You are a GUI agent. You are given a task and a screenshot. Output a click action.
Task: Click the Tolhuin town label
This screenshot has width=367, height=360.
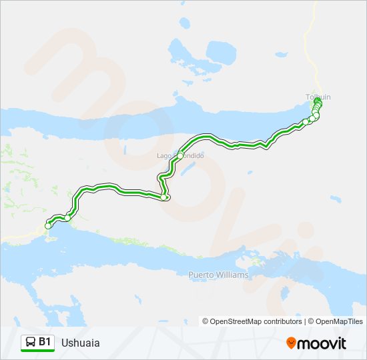pos(318,97)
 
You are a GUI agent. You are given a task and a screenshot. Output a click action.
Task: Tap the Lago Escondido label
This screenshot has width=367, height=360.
pos(179,155)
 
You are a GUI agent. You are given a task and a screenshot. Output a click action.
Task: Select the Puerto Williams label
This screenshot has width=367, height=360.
pos(218,275)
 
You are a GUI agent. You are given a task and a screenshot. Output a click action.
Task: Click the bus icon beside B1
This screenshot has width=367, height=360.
pos(30,343)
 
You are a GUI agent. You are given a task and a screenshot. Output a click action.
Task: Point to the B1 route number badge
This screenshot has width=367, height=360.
pos(45,342)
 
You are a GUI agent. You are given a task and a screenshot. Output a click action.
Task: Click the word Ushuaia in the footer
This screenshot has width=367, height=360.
pos(80,343)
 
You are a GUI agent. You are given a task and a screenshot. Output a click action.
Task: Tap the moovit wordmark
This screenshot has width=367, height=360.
pos(322,343)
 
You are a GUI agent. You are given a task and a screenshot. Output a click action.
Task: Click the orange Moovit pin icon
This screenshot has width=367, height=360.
pos(291,343)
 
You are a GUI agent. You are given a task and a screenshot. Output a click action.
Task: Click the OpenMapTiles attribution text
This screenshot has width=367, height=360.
pos(340,321)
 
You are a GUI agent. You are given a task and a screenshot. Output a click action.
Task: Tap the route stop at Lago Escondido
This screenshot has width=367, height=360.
pos(180,156)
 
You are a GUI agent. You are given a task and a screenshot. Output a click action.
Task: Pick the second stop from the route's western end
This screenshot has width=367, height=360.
pos(67,218)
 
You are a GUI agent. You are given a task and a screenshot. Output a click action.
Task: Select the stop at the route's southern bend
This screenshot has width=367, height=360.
pos(164,197)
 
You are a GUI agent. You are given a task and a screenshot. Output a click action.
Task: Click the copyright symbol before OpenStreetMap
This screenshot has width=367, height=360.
pos(206,321)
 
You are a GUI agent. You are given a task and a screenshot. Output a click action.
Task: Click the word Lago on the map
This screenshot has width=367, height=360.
pos(163,155)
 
